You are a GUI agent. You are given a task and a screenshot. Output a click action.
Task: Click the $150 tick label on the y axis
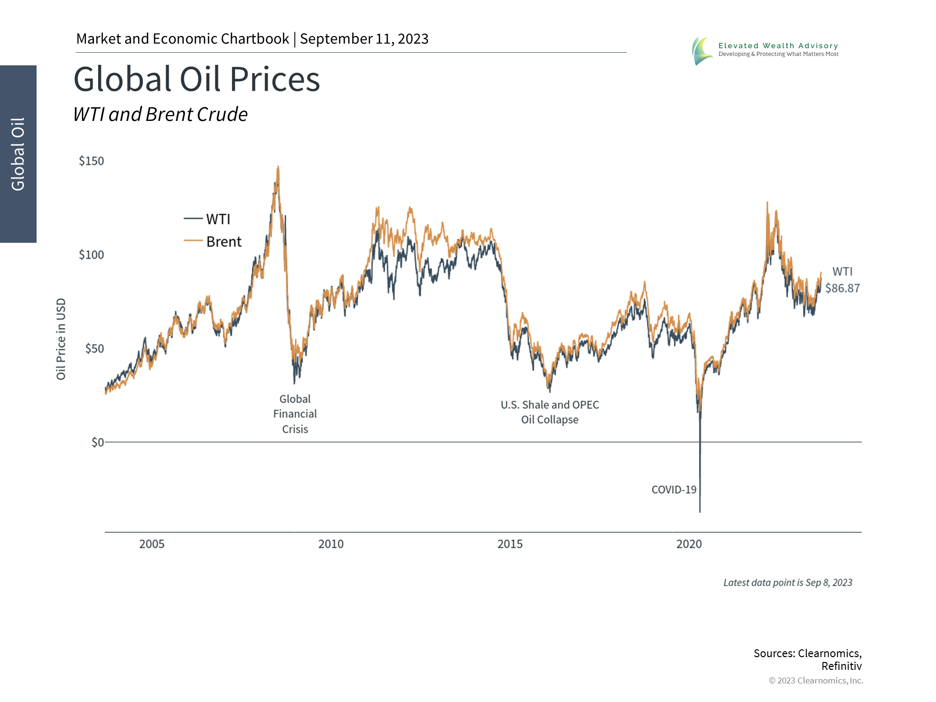coord(91,161)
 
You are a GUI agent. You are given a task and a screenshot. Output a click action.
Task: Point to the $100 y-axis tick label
coord(91,254)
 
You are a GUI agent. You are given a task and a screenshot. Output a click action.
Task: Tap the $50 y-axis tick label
coord(95,349)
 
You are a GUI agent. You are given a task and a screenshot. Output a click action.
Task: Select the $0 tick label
coord(98,442)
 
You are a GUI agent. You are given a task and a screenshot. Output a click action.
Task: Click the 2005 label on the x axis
coord(152,544)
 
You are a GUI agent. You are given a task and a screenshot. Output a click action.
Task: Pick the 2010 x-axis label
coord(331,544)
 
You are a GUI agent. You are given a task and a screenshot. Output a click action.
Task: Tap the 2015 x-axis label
coord(510,544)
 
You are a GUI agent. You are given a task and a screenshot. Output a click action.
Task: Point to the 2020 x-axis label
coord(689,544)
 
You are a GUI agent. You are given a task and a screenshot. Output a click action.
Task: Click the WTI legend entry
coord(207,219)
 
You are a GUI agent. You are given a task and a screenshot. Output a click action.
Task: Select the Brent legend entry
coord(213,241)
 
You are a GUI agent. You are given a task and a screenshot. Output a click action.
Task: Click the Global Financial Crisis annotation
coord(295,414)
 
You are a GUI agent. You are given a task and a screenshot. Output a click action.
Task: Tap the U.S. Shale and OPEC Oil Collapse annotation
coord(550,412)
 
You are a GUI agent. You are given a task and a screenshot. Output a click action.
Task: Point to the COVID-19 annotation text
coord(674,489)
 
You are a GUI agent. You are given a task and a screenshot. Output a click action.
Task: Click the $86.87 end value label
coord(842,288)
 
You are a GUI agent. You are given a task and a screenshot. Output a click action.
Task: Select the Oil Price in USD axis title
coord(61,339)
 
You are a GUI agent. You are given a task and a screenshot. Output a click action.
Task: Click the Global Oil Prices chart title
coord(196,79)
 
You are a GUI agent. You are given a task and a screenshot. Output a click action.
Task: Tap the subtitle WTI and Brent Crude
coord(160,115)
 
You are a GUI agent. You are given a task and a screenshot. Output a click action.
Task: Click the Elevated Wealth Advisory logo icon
coord(702,51)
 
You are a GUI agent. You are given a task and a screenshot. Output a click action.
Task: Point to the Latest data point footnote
coord(788,583)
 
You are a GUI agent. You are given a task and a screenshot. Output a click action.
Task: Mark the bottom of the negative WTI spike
coord(700,512)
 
